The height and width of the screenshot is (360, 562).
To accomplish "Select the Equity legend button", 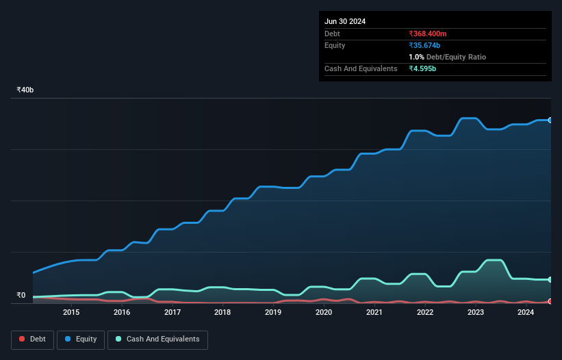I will pos(81,339).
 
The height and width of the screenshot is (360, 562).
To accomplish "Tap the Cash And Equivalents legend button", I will pos(157,339).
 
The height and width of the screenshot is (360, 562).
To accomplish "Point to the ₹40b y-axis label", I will pos(25,90).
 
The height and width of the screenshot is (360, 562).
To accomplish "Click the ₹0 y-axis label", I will pos(21,296).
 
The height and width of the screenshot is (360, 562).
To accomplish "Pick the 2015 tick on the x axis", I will pos(71,313).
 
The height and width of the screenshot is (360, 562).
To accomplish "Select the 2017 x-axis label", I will pos(173,313).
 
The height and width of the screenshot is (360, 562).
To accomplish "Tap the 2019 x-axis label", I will pos(273,313).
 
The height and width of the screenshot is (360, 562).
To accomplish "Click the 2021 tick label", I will pos(374,313).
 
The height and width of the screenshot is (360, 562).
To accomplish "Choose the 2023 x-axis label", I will pos(476,313).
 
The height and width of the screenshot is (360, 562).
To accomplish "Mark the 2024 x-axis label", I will pos(526,313).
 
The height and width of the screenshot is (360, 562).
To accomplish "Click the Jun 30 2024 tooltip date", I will pos(345,21).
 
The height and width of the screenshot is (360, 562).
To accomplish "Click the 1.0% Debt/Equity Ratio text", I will pos(447,57).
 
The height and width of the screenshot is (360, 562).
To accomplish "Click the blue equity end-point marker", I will pos(550,120).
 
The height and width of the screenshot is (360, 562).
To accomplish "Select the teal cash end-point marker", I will pos(550,280).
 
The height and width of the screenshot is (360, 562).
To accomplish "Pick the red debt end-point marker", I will pos(550,301).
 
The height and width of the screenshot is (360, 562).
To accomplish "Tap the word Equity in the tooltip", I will pos(335,45).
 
